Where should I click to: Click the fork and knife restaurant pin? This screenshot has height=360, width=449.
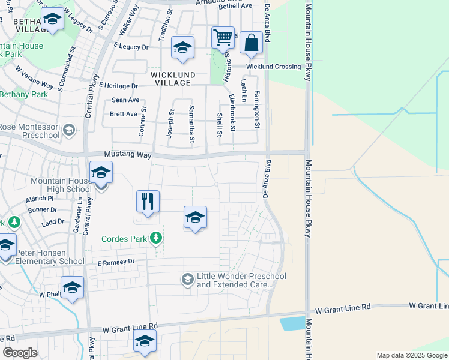click(x=148, y=201)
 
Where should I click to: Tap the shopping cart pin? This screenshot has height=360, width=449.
click(x=223, y=37)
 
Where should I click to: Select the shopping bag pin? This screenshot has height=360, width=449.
click(x=251, y=43)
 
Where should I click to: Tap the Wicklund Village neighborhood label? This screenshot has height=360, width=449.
click(x=173, y=79)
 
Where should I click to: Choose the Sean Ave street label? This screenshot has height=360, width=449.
click(x=125, y=100)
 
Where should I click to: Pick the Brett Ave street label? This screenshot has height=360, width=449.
click(x=123, y=113)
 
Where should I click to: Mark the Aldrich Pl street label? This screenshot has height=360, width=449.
click(x=40, y=198)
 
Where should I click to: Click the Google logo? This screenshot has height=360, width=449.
click(x=20, y=353)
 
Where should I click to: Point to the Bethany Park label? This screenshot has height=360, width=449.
click(x=23, y=94)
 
